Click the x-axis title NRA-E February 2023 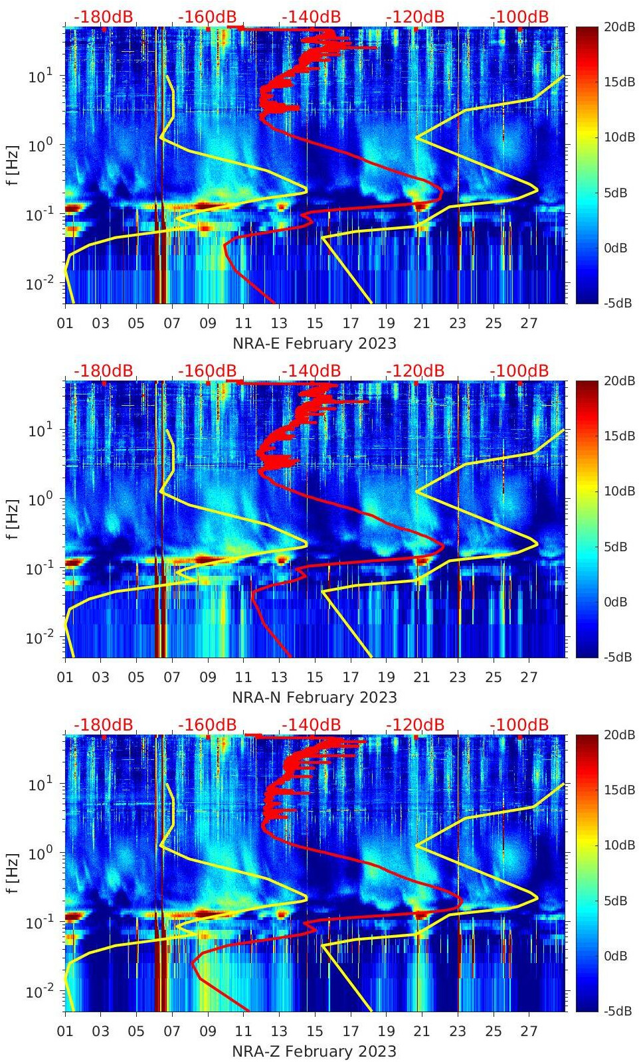(x=314, y=343)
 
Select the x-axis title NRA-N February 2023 (x=314, y=697)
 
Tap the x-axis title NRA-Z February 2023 (x=314, y=1051)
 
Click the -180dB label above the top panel (x=103, y=17)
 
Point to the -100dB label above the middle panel (x=519, y=371)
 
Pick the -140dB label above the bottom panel (x=311, y=725)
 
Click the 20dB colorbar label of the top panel (x=618, y=27)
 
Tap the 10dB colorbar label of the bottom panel (x=618, y=845)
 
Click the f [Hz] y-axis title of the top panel (x=13, y=165)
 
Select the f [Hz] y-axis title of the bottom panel (x=13, y=873)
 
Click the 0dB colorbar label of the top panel (x=618, y=248)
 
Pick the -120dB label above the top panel (x=414, y=17)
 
